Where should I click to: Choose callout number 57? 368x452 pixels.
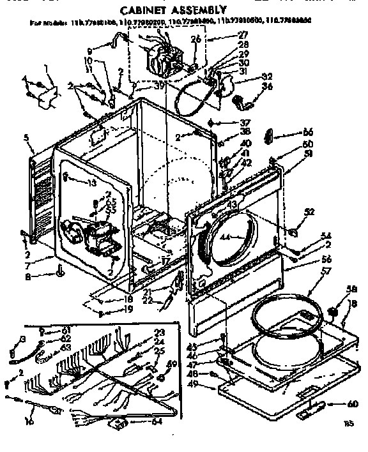click(x=309, y=271)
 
